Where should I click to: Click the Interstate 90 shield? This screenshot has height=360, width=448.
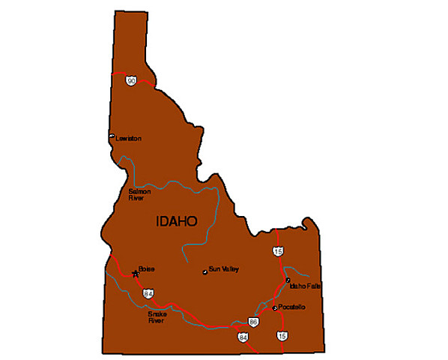tap(131, 80)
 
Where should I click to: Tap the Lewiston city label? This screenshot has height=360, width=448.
tap(128, 139)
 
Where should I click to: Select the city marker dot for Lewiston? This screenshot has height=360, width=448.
tap(112, 136)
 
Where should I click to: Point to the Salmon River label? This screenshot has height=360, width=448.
tap(139, 195)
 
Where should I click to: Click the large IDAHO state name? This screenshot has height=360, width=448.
tap(176, 222)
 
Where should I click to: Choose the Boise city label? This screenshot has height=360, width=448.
tap(146, 268)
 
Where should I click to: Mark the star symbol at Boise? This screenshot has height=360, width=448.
tap(136, 274)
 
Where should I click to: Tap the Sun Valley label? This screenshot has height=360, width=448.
tap(224, 268)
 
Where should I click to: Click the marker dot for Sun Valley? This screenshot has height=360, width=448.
tap(205, 271)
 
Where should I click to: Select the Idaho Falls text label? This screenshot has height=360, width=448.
tap(304, 285)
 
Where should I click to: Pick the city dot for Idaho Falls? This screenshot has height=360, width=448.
tap(288, 280)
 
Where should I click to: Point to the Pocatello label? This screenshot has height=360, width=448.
tap(292, 307)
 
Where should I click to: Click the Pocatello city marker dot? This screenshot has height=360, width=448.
tap(275, 307)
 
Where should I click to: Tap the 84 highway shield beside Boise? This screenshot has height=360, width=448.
tap(148, 293)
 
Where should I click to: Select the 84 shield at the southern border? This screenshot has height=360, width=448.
tap(243, 338)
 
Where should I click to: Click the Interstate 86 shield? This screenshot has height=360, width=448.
tap(253, 322)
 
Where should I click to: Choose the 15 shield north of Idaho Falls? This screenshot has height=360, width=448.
tap(278, 250)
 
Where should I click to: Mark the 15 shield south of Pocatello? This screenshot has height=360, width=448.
tap(282, 336)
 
